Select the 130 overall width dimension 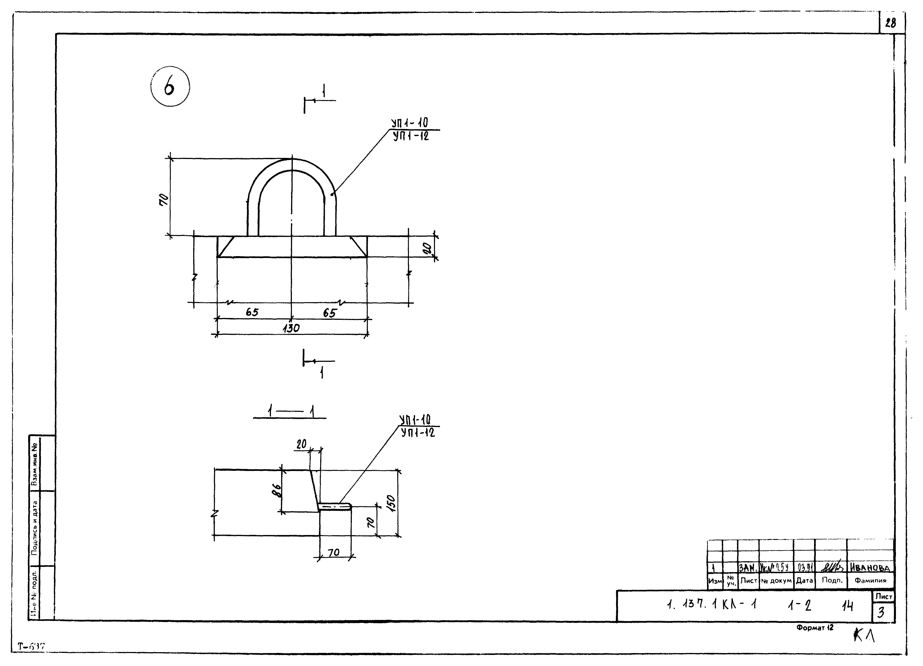pyautogui.click(x=291, y=328)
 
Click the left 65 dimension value pyautogui.click(x=252, y=312)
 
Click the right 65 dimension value pyautogui.click(x=330, y=313)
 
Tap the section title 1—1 pyautogui.click(x=290, y=411)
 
